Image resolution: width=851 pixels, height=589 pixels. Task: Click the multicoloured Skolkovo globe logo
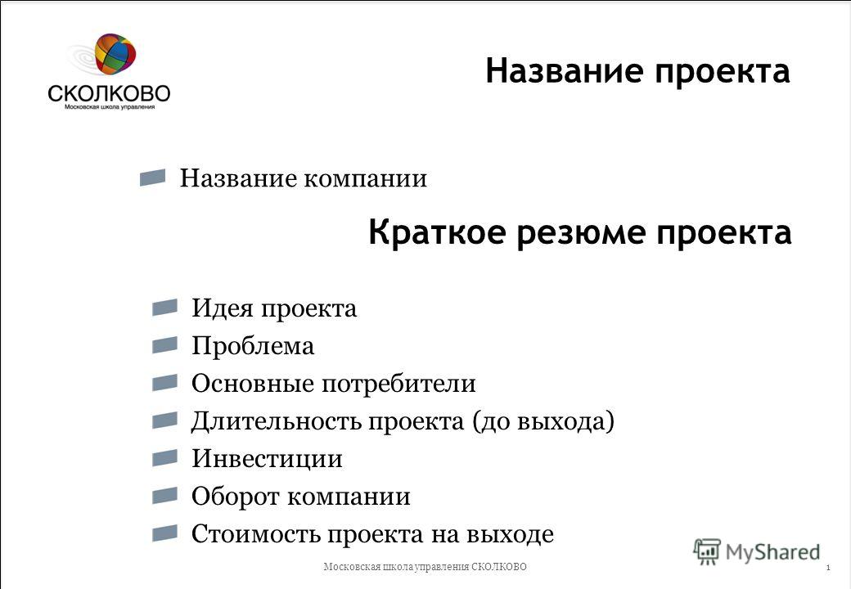tap(115, 53)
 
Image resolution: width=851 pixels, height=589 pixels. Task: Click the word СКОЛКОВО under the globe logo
tap(109, 93)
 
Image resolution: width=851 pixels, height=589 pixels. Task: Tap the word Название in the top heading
tap(565, 71)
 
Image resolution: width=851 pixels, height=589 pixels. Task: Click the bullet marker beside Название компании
tap(152, 178)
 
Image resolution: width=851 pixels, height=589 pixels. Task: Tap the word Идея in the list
tap(223, 309)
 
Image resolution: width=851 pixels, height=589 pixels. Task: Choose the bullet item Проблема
tap(253, 346)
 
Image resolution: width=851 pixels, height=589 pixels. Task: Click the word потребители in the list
tap(399, 384)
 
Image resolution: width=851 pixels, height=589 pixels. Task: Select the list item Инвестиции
tap(267, 459)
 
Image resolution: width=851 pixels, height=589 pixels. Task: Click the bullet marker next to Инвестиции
tap(165, 458)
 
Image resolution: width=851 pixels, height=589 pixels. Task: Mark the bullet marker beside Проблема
tap(165, 345)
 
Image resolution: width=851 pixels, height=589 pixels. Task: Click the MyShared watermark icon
tap(707, 552)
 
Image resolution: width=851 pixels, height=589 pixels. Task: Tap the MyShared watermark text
tap(772, 552)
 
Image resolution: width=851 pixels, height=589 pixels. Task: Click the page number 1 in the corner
tap(828, 568)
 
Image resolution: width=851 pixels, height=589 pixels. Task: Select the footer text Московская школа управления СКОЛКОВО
tap(425, 567)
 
